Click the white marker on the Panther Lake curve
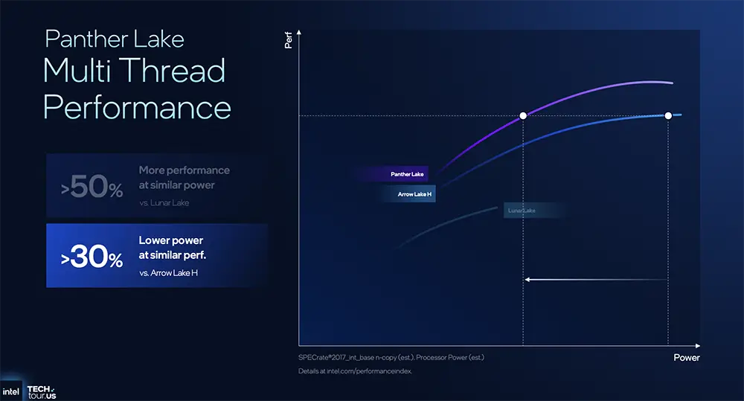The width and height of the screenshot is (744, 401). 523,115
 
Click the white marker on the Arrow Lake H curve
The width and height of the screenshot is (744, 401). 668,115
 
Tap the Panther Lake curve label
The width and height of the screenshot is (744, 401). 407,174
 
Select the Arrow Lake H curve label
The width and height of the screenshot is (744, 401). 415,195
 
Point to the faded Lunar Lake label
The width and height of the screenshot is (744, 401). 522,211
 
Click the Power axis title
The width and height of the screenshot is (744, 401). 686,358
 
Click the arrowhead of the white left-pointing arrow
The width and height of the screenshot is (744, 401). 527,280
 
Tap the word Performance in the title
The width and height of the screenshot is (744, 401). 137,107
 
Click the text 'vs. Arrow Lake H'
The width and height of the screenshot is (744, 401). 169,274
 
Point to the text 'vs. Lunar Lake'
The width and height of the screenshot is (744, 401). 164,203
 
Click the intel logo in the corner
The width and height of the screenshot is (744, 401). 10,391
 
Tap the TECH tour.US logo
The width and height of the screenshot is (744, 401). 41,392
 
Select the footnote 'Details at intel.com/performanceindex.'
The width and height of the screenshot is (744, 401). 355,370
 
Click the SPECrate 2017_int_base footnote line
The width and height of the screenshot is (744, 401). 391,358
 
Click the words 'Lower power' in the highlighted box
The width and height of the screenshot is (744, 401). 170,241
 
